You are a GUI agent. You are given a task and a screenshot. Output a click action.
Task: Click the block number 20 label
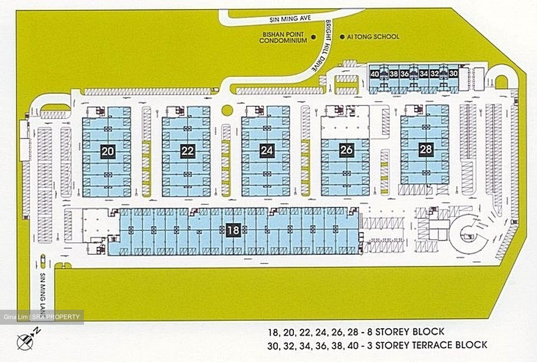tap(108, 151)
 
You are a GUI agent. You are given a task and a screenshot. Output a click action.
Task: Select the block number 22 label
tap(187, 151)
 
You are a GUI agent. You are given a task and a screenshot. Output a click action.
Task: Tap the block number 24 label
tap(266, 150)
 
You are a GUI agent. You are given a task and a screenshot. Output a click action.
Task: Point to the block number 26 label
tap(346, 150)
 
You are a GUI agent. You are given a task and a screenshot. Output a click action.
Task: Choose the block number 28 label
tap(426, 149)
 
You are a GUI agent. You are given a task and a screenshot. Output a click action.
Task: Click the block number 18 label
tap(233, 230)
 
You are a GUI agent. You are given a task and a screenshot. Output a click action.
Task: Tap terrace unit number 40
tap(375, 74)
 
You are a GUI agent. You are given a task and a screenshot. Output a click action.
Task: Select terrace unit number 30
tap(453, 74)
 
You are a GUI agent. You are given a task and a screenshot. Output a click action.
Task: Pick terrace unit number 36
tap(405, 74)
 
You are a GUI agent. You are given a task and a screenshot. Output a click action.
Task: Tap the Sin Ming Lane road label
tap(44, 295)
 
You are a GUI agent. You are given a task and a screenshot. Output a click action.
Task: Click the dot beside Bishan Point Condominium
tap(313, 37)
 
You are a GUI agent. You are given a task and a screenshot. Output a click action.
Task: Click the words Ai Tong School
tap(373, 37)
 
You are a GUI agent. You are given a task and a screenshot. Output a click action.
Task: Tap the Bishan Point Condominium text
tap(283, 37)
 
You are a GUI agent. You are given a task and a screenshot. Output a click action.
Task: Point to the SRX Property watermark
tap(42, 317)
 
